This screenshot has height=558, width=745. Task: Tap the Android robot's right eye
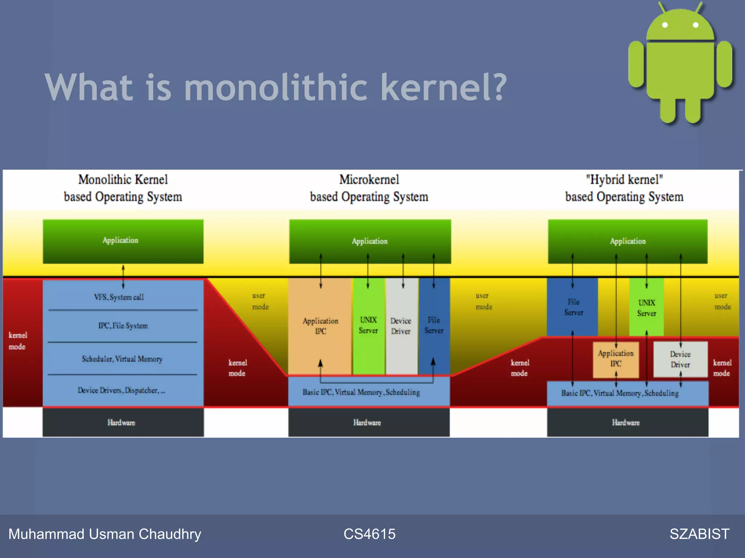[x=696, y=25]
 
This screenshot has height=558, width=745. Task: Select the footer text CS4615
[x=369, y=534]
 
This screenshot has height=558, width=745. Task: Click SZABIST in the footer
[x=699, y=534]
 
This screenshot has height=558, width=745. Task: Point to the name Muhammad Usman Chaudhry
[x=105, y=534]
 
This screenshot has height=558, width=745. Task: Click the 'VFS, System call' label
[x=119, y=297]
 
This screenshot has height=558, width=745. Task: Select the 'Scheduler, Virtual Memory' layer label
[x=122, y=359]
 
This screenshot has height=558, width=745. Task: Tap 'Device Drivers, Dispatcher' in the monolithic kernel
[x=121, y=391]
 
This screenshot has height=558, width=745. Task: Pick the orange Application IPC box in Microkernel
[x=320, y=326]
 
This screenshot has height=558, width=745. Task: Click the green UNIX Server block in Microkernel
[x=368, y=325]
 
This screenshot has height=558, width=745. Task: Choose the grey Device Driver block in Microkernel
[x=401, y=326]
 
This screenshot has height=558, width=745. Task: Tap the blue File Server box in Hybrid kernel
[x=573, y=307]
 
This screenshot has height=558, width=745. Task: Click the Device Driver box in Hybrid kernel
[x=680, y=359]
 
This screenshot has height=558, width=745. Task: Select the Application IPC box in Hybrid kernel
[x=615, y=359]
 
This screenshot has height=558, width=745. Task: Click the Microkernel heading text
[x=369, y=180]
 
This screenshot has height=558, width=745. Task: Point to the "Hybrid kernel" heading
[x=624, y=180]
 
